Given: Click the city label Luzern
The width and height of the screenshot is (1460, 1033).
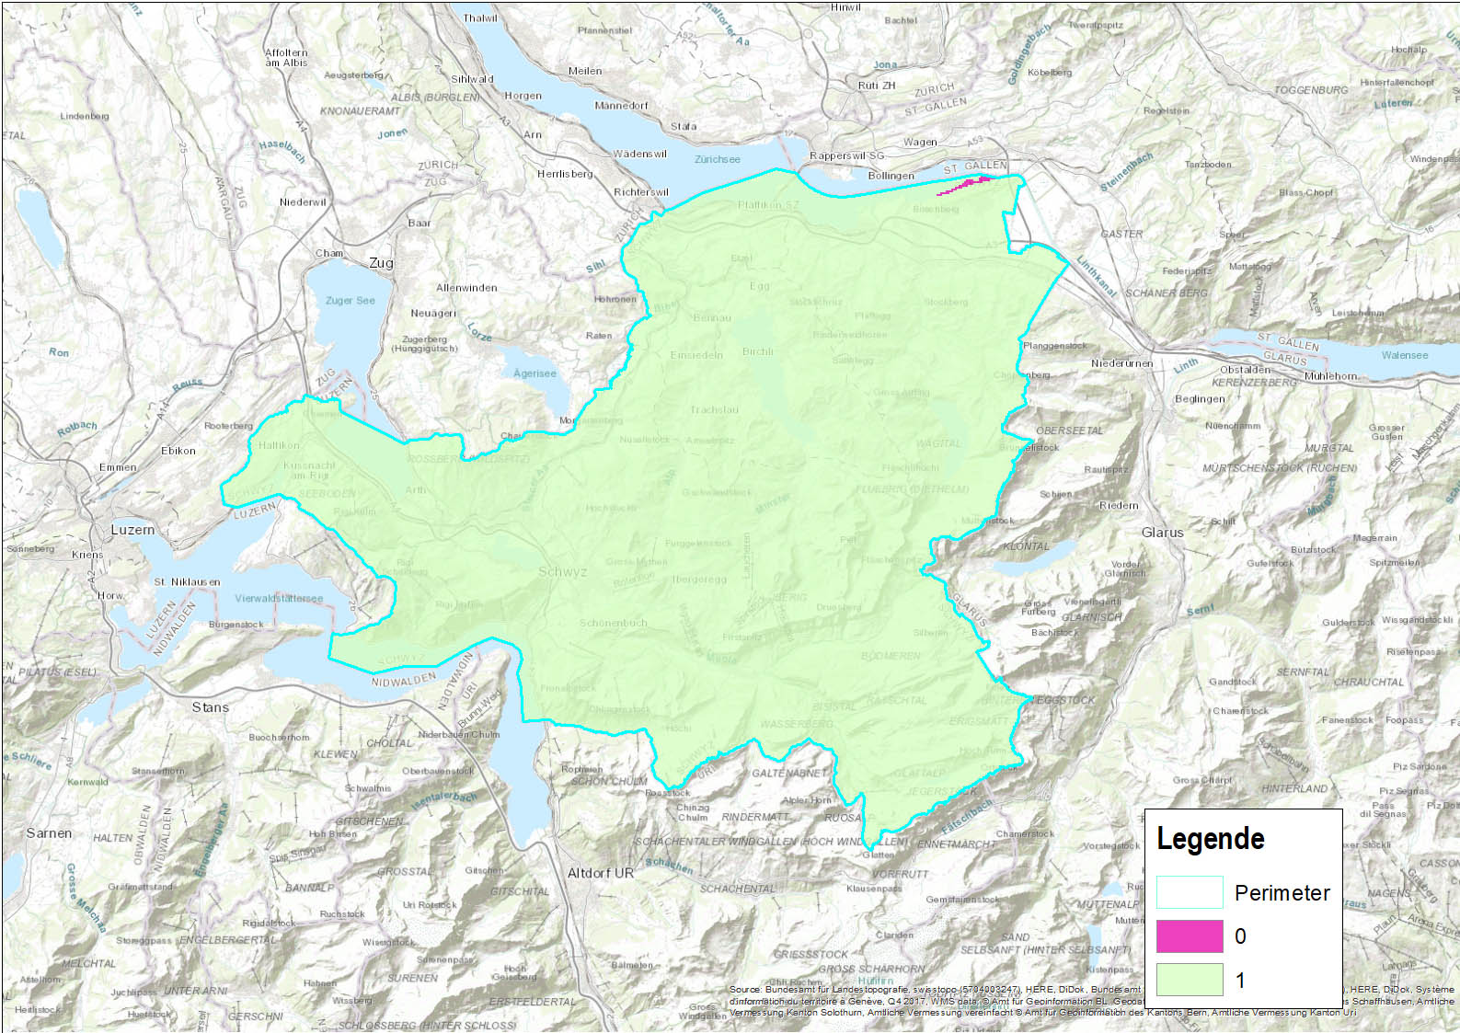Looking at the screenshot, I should [x=132, y=530].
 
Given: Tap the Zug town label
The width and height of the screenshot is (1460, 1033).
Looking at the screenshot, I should [x=381, y=263].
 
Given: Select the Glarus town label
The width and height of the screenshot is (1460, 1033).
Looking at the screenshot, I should [x=1162, y=533].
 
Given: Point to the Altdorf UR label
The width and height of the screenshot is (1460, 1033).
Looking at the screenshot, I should [x=600, y=873].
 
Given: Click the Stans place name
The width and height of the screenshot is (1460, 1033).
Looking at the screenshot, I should [x=210, y=707].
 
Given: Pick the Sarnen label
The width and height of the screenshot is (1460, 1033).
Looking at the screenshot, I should [x=49, y=833].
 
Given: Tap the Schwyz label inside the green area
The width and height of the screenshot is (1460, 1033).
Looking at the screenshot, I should [x=562, y=572].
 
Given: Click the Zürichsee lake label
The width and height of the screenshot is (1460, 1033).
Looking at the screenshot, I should [x=717, y=159].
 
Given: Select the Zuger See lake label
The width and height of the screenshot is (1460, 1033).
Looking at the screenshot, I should [x=350, y=301].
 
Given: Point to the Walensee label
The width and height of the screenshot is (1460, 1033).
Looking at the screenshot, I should [x=1404, y=355].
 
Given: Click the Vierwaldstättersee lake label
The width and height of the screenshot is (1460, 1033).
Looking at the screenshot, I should [x=279, y=598].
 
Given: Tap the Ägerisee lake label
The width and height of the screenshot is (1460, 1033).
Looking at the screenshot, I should [x=535, y=373].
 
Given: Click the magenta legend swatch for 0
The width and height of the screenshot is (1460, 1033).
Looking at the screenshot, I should [x=1189, y=936].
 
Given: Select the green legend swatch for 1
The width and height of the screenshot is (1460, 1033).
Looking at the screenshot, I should [x=1189, y=980].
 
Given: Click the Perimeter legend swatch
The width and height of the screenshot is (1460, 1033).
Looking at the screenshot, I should [x=1189, y=892].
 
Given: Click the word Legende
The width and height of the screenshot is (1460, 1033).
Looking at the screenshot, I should [x=1210, y=839].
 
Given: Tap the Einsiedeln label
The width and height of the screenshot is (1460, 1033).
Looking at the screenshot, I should [x=696, y=355].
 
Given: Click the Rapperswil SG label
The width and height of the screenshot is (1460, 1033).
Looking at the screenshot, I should [x=846, y=155].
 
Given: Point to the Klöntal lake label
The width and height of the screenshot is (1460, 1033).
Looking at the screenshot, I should [x=1026, y=546].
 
